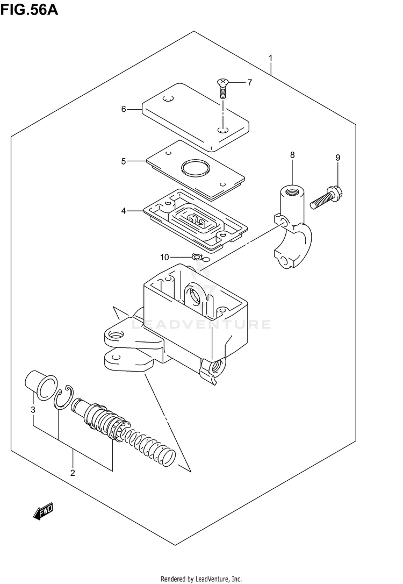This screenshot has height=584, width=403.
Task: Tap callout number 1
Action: (271, 58)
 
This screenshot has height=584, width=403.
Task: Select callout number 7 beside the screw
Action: (249, 82)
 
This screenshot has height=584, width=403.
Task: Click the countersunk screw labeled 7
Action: (222, 87)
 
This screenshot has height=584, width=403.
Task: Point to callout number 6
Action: (124, 109)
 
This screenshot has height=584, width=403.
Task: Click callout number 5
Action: (123, 160)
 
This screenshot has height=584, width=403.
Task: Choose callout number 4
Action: (124, 211)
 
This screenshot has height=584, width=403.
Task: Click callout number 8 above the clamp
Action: (292, 155)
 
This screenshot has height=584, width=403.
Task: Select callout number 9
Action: (338, 158)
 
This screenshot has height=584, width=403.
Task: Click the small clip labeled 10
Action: (197, 257)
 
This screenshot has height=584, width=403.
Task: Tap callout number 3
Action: (33, 410)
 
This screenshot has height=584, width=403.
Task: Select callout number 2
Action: (73, 473)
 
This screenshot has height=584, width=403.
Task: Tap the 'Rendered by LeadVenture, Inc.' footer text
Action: (201, 579)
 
